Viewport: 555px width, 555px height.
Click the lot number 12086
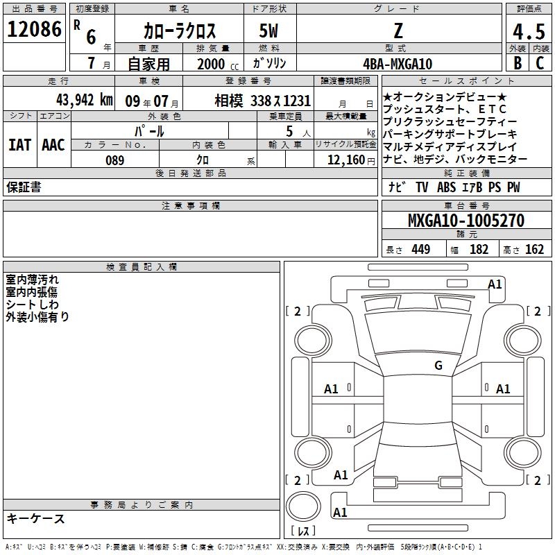34,29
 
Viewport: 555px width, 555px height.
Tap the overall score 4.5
529,31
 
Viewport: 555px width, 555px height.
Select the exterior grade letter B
518,63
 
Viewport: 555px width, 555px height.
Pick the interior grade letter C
540,63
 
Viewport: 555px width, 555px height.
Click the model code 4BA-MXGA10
398,64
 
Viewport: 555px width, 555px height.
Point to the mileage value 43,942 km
85,100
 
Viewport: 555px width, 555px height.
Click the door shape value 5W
268,31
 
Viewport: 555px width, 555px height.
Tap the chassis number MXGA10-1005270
466,220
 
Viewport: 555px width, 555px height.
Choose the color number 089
115,160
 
